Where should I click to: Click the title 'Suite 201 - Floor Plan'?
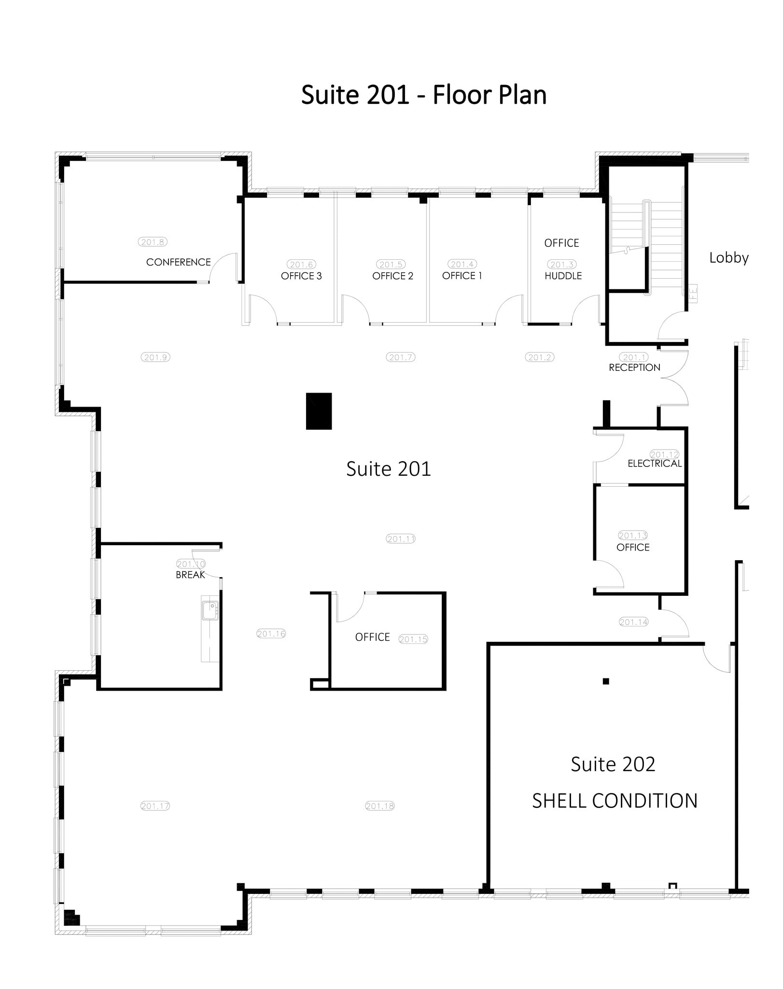(x=423, y=95)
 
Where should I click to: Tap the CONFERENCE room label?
(x=178, y=262)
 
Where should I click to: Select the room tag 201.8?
(x=153, y=242)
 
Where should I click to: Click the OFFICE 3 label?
(x=301, y=276)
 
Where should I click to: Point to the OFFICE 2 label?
(x=392, y=276)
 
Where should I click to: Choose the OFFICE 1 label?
(x=462, y=275)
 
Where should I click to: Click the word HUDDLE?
(x=563, y=276)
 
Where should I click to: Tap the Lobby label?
(x=728, y=258)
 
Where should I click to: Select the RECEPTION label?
(x=634, y=367)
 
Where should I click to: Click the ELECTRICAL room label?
(x=654, y=464)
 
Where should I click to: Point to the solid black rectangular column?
(x=319, y=411)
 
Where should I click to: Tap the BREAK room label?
(x=190, y=575)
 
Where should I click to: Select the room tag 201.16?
(x=271, y=634)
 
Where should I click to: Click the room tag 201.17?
(x=155, y=805)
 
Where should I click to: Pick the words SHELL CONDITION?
(x=614, y=801)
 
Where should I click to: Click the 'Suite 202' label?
(x=613, y=764)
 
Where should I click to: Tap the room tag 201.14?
(x=633, y=622)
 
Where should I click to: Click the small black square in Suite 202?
(x=606, y=681)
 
